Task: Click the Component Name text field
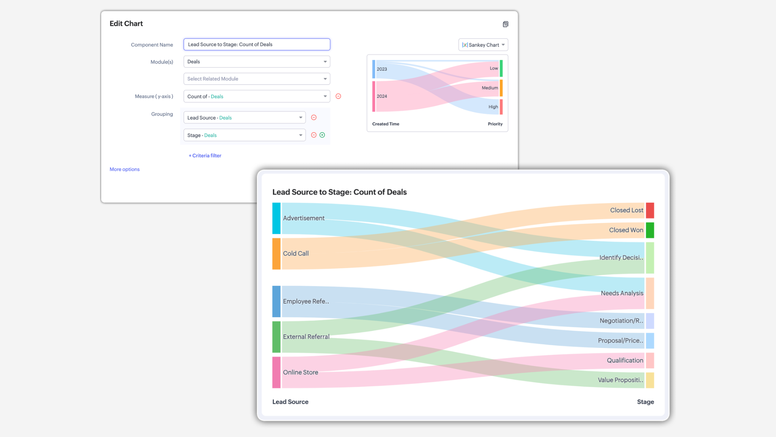(x=257, y=45)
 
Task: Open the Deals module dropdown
(x=257, y=62)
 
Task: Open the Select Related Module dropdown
(x=257, y=79)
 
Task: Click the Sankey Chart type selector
(x=483, y=45)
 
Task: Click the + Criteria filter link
(x=205, y=156)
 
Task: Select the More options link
(x=124, y=170)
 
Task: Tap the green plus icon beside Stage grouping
(x=322, y=135)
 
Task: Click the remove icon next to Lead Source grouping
(x=314, y=118)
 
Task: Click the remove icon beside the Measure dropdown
(x=338, y=96)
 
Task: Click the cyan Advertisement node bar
(x=276, y=218)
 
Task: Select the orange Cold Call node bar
(x=276, y=254)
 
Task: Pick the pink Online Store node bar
(x=276, y=372)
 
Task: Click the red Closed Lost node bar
(x=650, y=210)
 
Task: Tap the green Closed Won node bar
(x=650, y=230)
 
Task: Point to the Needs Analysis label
(x=622, y=293)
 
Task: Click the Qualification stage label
(x=625, y=361)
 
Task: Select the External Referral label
(x=306, y=337)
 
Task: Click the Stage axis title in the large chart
(x=645, y=402)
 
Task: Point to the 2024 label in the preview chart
(x=382, y=96)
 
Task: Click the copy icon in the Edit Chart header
(x=506, y=24)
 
